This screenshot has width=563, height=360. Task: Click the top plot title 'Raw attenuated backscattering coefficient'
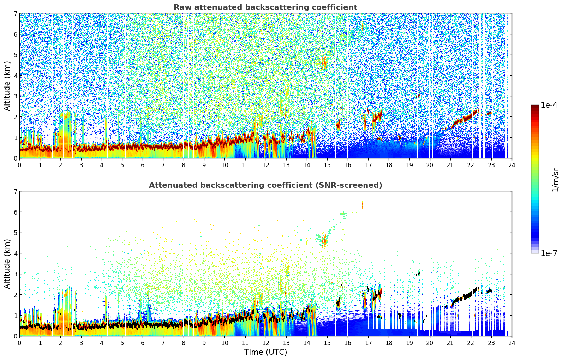265,7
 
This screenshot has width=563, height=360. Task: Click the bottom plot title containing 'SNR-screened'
265,185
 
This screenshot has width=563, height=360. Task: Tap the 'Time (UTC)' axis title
265,352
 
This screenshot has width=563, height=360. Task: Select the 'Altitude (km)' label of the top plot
7,86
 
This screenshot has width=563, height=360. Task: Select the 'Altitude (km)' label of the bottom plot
7,264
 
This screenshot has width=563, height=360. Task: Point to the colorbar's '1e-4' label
549,105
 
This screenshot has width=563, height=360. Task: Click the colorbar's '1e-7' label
549,253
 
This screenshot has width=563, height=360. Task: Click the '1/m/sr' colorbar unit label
555,180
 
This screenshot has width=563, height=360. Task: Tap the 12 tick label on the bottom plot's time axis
265,343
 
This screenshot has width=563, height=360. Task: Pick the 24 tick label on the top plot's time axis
511,165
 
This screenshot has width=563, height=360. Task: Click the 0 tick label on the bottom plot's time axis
19,343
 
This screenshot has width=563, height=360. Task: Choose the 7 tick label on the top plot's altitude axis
15,14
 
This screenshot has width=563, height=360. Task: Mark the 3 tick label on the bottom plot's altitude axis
15,274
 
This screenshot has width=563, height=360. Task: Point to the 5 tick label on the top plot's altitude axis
15,55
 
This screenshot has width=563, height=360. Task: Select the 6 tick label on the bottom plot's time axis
143,343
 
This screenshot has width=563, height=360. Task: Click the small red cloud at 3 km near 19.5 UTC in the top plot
418,95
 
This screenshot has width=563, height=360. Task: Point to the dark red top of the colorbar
535,107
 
